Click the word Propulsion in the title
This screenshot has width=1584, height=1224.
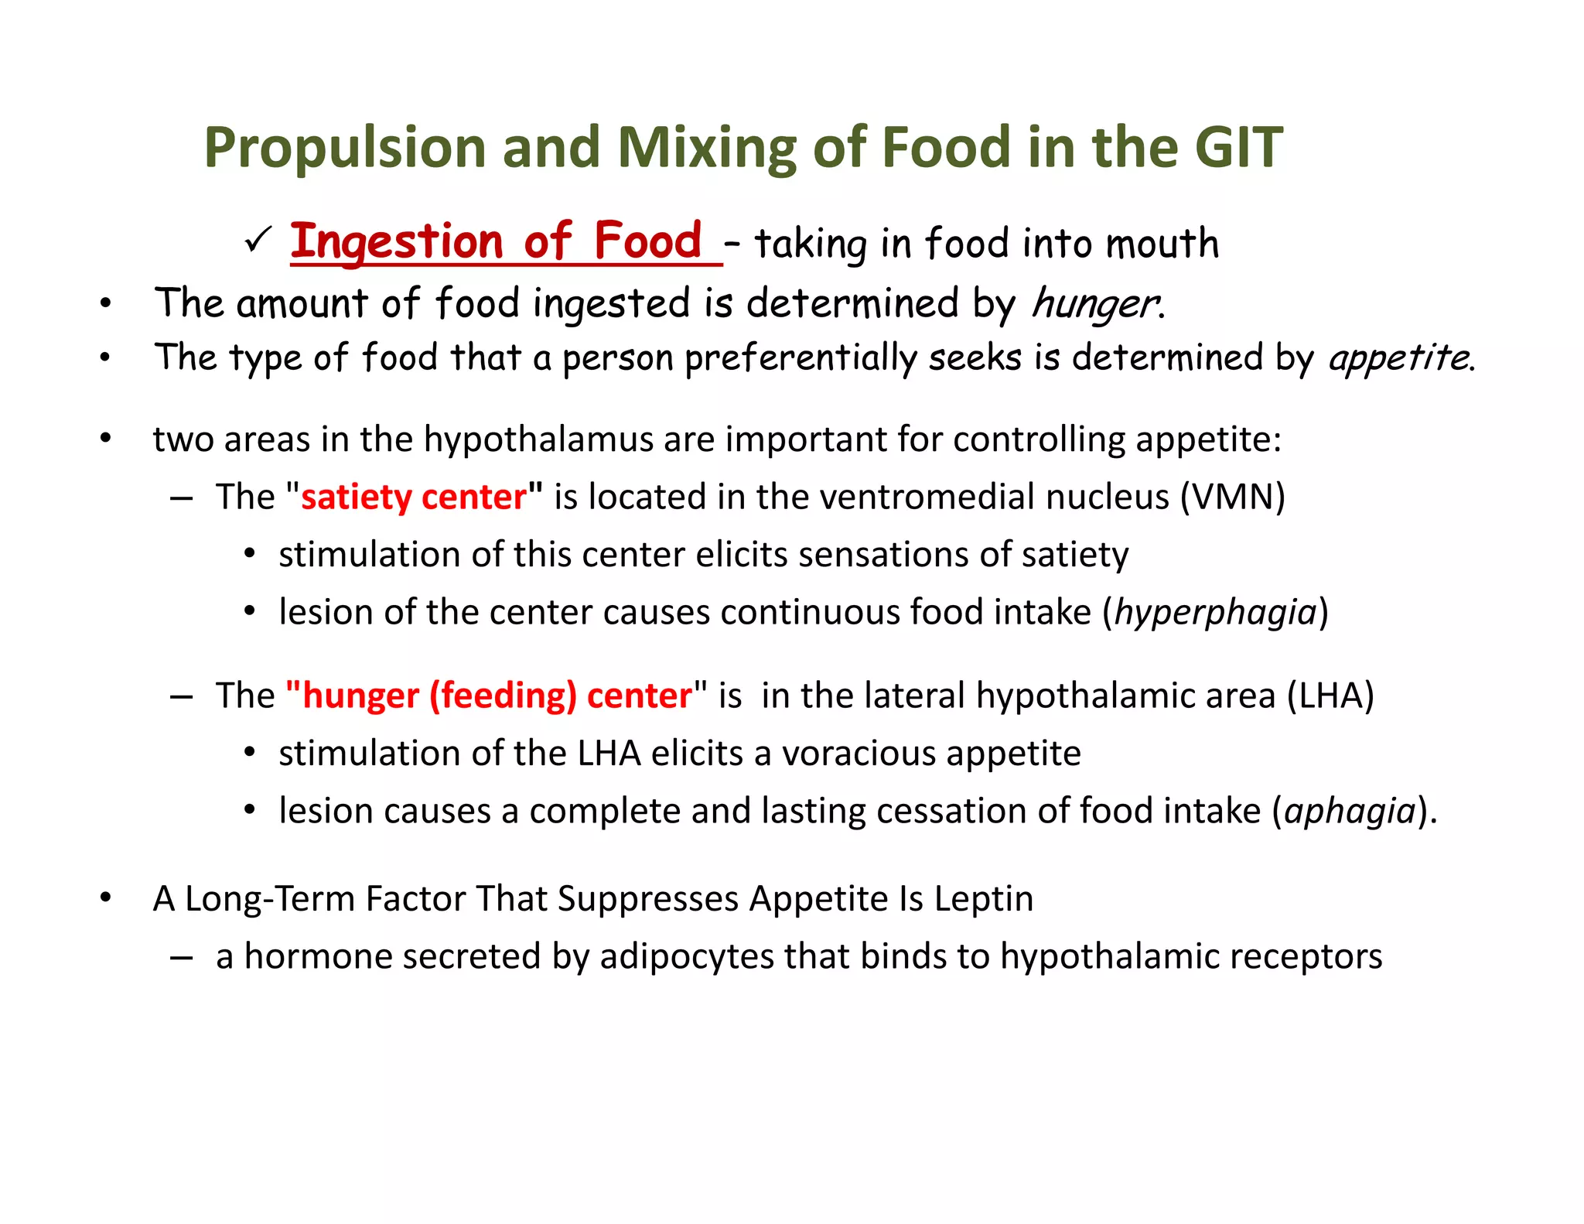click(x=344, y=149)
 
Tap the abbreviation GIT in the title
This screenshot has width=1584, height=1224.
click(x=1237, y=147)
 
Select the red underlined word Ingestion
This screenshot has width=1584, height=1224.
click(x=396, y=242)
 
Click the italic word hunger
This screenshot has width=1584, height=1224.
click(x=1094, y=304)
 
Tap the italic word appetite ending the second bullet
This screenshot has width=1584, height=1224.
click(x=1398, y=358)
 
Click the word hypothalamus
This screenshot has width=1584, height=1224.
click(x=538, y=439)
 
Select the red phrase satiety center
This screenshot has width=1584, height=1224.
click(x=414, y=497)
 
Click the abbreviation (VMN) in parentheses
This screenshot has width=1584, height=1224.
click(x=1232, y=497)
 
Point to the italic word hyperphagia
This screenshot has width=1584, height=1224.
click(x=1215, y=612)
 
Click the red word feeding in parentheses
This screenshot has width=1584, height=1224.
click(x=503, y=696)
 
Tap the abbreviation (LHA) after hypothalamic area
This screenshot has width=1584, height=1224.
click(x=1330, y=696)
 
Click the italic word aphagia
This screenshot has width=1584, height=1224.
click(x=1350, y=811)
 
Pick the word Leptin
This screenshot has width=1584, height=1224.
click(x=983, y=898)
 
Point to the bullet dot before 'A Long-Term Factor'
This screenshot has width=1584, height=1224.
click(x=106, y=898)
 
